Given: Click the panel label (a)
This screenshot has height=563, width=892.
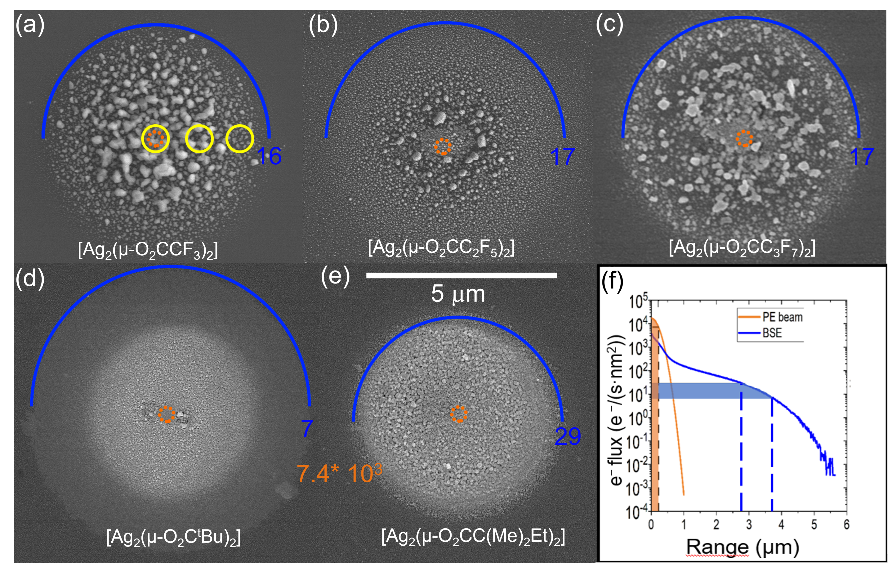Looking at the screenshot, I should tap(30, 25).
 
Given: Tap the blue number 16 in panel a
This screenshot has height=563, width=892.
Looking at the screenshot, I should tap(269, 156).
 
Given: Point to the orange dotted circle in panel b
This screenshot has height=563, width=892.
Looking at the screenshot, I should tap(443, 146).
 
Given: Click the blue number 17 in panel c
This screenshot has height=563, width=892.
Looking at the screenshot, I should tap(862, 157).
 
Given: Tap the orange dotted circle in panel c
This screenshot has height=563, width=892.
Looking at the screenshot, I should tap(744, 138).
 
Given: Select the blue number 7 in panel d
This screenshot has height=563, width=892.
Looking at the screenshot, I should tap(307, 429).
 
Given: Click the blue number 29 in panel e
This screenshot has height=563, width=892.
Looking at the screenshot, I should tap(567, 437).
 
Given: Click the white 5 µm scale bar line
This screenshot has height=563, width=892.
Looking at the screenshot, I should tap(461, 275).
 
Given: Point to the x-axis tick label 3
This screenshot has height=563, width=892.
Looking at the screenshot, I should tap(749, 525).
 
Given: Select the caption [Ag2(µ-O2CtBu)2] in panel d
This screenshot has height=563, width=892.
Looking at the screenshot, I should tap(173, 537).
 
